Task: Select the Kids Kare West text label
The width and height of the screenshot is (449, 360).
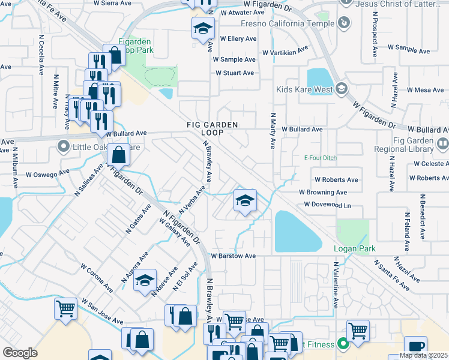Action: click(304, 90)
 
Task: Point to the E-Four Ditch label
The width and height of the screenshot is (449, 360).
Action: click(321, 159)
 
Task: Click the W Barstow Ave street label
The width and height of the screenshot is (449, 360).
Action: click(233, 256)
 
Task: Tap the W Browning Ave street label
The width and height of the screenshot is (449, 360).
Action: click(324, 193)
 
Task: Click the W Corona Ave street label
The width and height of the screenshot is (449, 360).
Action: click(97, 275)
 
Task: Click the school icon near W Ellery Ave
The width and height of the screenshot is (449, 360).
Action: click(203, 27)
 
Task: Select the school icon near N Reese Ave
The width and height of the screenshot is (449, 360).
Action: click(145, 280)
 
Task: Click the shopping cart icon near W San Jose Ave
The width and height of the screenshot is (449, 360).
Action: click(65, 308)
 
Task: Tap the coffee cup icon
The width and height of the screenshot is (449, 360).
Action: click(415, 347)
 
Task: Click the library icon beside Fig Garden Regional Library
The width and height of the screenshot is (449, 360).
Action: click(442, 144)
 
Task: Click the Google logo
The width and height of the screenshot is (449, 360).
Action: click(20, 353)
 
